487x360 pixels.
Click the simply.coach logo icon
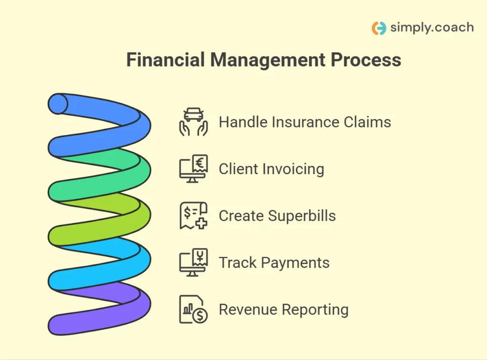(x=379, y=28)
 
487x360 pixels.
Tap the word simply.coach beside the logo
(x=432, y=28)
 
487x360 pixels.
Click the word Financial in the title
(x=166, y=59)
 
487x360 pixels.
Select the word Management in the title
(x=268, y=60)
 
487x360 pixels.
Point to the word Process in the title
(x=366, y=59)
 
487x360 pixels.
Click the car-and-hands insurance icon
(x=194, y=122)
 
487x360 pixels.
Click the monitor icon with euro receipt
(x=194, y=169)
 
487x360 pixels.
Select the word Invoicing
(x=293, y=169)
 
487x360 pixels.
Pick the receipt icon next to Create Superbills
(x=194, y=215)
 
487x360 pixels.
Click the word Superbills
(x=302, y=216)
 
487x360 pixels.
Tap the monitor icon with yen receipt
(x=194, y=263)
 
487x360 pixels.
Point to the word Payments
(x=295, y=263)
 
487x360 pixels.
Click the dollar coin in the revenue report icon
(x=200, y=316)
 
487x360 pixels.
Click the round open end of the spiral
(x=58, y=104)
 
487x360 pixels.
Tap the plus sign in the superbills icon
(x=201, y=223)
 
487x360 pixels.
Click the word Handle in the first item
(x=243, y=122)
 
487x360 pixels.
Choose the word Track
(x=238, y=263)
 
